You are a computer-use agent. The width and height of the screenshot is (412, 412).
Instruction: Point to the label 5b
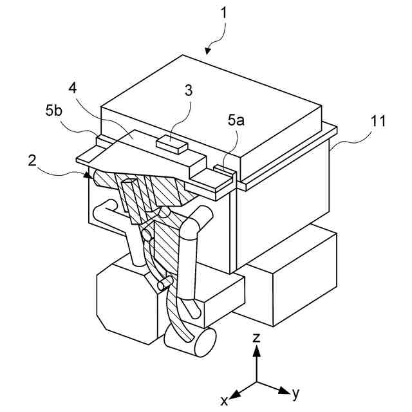54,110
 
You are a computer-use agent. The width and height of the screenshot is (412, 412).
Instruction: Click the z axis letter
256,337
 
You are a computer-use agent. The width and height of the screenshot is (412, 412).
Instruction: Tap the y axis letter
296,391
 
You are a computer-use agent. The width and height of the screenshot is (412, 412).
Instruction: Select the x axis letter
225,400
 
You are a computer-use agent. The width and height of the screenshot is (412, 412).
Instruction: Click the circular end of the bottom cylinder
201,342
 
